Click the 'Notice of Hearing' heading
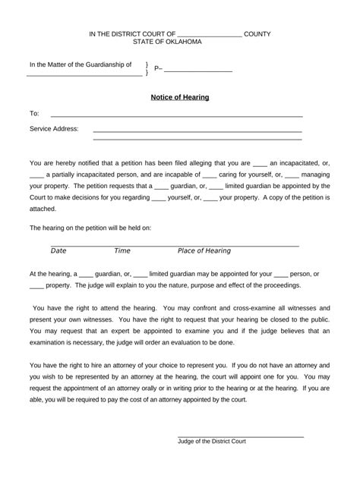click(180, 98)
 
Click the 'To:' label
click(34, 114)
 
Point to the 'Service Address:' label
click(54, 129)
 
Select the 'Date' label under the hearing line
click(58, 251)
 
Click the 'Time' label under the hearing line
click(122, 251)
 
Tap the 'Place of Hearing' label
click(204, 251)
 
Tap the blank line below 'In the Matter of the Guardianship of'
click(84, 75)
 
